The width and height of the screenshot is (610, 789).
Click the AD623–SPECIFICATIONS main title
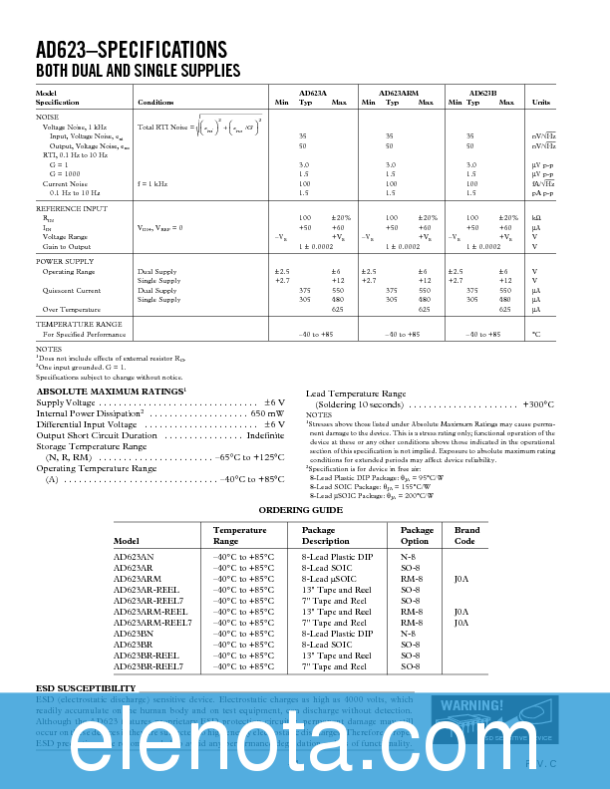click(x=131, y=50)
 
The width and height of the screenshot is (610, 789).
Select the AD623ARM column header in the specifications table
click(x=399, y=92)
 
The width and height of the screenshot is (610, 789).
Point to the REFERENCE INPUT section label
click(x=72, y=208)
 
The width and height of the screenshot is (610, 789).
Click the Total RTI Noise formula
click(x=200, y=127)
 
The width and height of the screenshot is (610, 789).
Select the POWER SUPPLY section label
click(x=65, y=261)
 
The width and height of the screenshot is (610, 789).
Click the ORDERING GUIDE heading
click(x=300, y=509)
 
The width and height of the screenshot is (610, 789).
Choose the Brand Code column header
click(x=466, y=536)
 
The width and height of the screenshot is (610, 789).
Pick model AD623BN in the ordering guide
click(x=134, y=633)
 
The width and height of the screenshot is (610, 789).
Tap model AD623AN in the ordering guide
click(x=134, y=556)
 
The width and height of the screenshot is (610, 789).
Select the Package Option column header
click(x=418, y=536)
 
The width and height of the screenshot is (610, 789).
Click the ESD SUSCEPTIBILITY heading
click(x=86, y=688)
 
